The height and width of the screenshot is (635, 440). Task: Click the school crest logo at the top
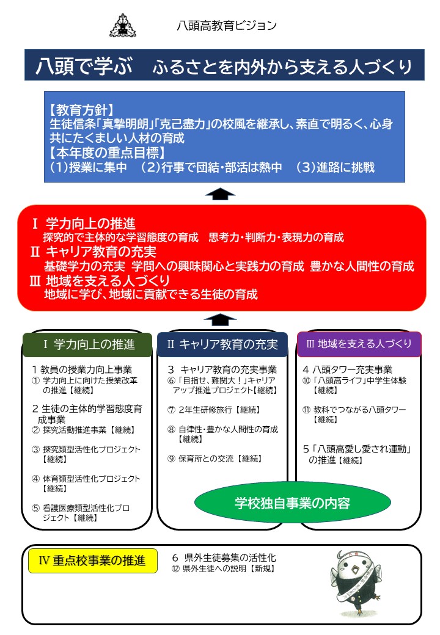123,26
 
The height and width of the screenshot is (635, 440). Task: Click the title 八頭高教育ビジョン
227,26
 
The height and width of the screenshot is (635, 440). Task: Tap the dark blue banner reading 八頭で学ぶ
224,65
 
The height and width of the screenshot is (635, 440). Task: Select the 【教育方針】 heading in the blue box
82,110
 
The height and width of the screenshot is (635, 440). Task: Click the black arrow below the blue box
220,194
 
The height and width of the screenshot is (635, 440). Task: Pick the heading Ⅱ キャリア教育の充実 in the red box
94,252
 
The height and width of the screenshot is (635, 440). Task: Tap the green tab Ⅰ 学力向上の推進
87,344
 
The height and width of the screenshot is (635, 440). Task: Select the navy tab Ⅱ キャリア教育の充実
222,344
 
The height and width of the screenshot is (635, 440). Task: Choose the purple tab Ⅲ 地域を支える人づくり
359,344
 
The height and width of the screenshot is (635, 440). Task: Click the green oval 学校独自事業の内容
293,503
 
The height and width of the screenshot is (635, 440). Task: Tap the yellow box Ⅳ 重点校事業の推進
93,561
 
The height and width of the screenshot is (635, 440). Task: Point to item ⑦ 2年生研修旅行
214,410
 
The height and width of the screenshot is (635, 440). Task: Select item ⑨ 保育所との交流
215,459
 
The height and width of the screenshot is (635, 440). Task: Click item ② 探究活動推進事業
84,430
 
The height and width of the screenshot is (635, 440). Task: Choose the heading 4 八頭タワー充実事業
348,369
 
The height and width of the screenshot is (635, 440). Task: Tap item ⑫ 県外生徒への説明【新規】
223,568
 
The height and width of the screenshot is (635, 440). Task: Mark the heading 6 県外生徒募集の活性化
224,557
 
